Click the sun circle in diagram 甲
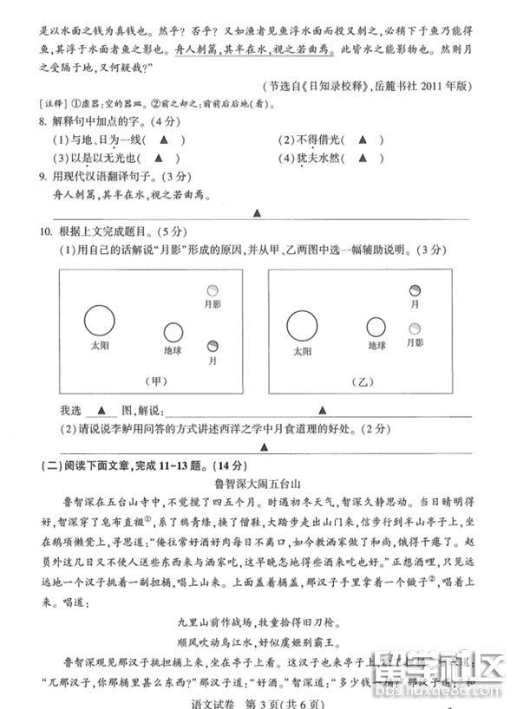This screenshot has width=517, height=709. point(100,321)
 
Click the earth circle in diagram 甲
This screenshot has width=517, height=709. point(173,332)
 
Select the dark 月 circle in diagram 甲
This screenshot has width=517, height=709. point(213,346)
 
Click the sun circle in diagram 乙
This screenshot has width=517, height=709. point(301,326)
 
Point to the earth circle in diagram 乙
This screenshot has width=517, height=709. point(376,327)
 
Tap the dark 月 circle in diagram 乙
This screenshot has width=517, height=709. point(416,289)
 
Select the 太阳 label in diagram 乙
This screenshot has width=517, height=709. point(301,352)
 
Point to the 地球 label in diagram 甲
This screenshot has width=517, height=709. point(173,351)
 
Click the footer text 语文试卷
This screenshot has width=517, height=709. point(215,701)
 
